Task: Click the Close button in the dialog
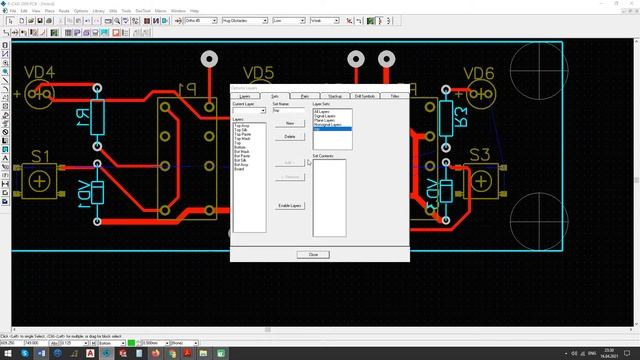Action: click(x=313, y=254)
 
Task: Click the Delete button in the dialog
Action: click(x=290, y=136)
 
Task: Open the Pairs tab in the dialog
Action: click(x=305, y=96)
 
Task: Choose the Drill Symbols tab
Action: click(x=364, y=96)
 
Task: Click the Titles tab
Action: click(x=395, y=96)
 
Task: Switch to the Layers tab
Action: click(x=245, y=96)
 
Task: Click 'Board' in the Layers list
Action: click(x=239, y=169)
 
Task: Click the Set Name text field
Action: click(x=289, y=111)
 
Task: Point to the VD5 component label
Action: click(x=258, y=72)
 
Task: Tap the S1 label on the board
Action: click(x=40, y=156)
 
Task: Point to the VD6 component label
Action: click(x=479, y=72)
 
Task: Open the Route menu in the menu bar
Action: click(x=64, y=10)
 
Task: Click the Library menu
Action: click(x=98, y=10)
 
